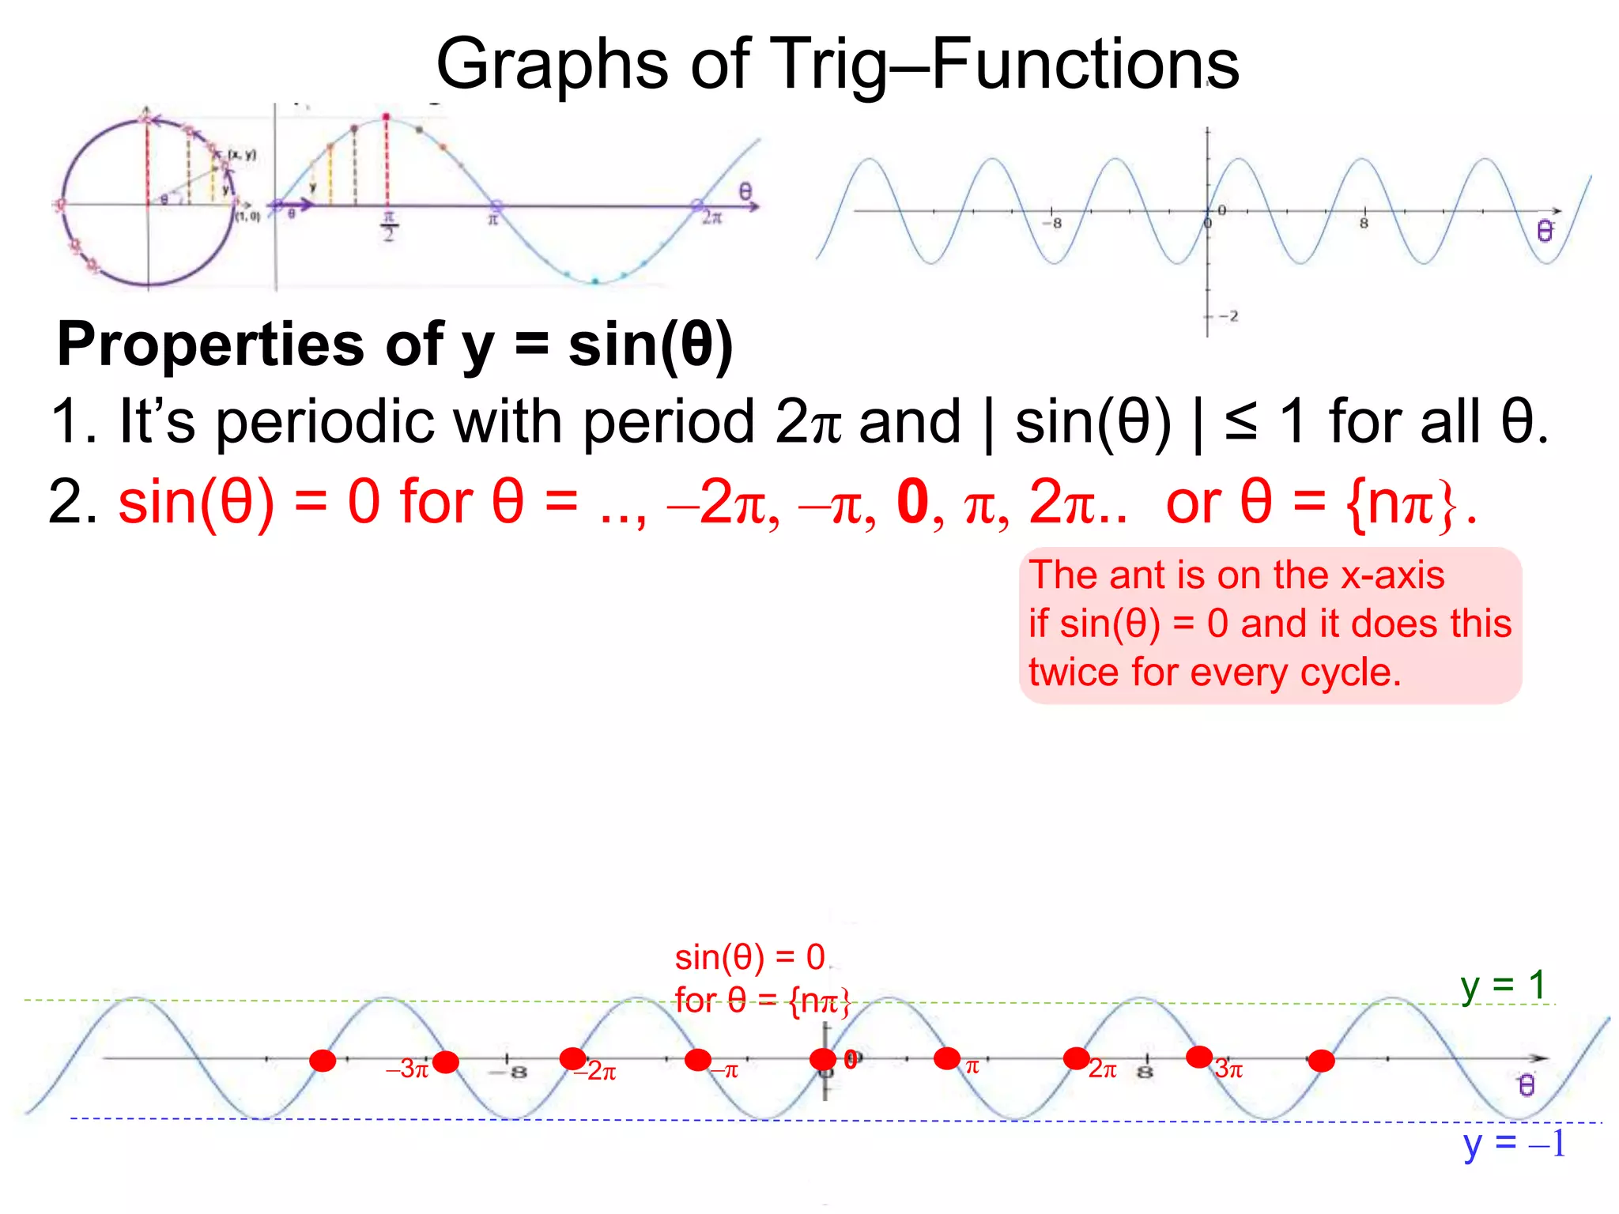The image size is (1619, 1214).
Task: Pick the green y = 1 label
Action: click(1503, 986)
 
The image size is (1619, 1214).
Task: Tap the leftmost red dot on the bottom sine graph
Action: click(323, 1061)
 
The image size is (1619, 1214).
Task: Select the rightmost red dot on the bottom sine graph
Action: click(1321, 1061)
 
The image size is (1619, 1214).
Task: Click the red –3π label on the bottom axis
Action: click(407, 1069)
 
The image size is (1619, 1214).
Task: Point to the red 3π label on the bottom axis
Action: click(1229, 1069)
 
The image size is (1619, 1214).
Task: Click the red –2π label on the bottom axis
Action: click(596, 1072)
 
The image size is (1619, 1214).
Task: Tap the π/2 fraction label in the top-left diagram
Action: click(388, 226)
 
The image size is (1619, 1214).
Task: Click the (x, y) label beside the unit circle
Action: click(242, 154)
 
